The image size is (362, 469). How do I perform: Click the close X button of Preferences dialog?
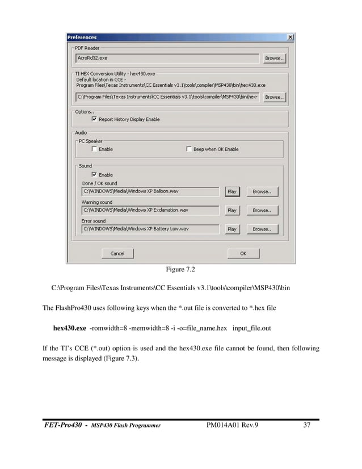click(291, 37)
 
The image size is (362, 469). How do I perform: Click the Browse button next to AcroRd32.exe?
click(274, 58)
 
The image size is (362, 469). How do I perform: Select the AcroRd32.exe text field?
click(167, 58)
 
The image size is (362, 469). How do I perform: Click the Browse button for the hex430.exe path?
click(274, 97)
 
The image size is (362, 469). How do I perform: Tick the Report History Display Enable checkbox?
click(94, 120)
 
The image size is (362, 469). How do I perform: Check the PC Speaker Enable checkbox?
click(94, 149)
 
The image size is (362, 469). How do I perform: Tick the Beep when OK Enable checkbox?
click(189, 149)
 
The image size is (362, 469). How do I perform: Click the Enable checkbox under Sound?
click(94, 175)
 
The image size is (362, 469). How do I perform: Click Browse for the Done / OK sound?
click(262, 192)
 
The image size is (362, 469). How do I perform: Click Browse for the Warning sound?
click(262, 211)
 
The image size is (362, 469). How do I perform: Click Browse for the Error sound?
click(262, 229)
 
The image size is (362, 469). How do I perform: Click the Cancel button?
click(117, 254)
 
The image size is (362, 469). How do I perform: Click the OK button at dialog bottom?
click(243, 254)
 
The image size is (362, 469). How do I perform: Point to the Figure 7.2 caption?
click(180, 269)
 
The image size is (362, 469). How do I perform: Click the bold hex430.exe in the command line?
click(69, 328)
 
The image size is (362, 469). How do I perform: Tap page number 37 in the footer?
click(306, 425)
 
